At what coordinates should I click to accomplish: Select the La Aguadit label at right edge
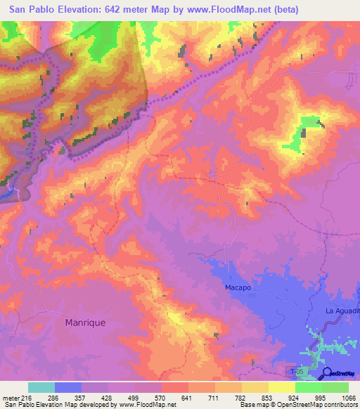(342, 310)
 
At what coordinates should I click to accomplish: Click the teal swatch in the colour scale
(41, 387)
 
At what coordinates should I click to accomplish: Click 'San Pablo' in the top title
(32, 10)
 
